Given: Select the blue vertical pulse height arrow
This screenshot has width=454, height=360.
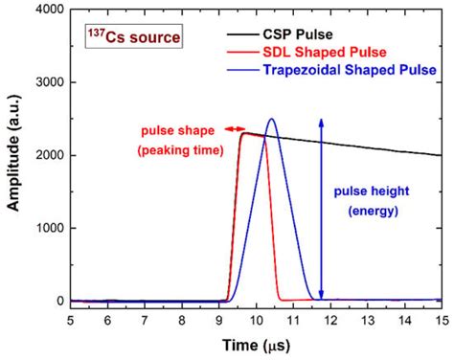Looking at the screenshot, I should point(322,206).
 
